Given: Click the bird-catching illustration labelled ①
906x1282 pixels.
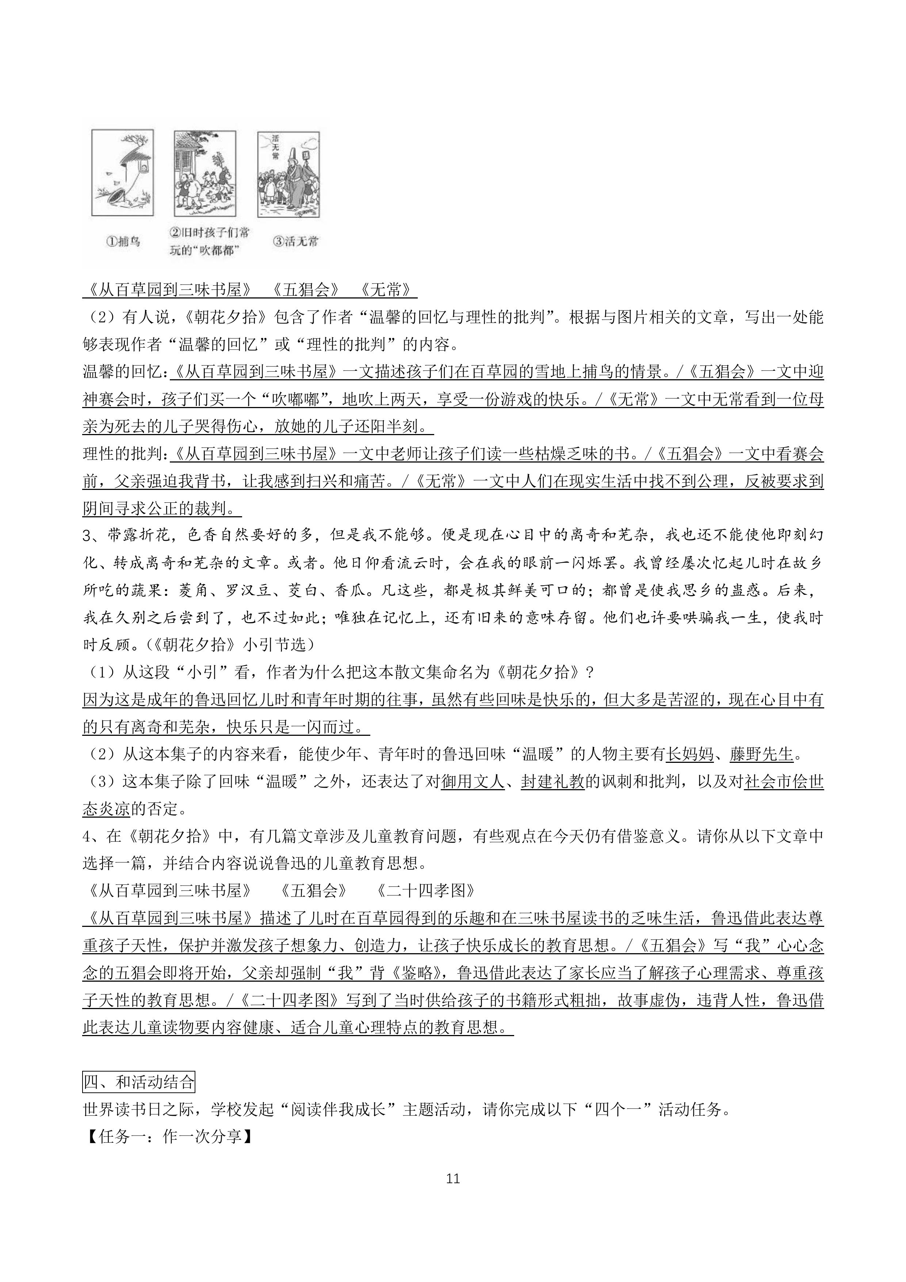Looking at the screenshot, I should pyautogui.click(x=122, y=173).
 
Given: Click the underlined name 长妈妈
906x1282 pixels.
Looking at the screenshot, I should pyautogui.click(x=691, y=754).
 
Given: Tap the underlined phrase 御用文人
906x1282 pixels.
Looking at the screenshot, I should pyautogui.click(x=472, y=782).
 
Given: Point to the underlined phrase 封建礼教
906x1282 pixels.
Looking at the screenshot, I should pyautogui.click(x=553, y=782).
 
